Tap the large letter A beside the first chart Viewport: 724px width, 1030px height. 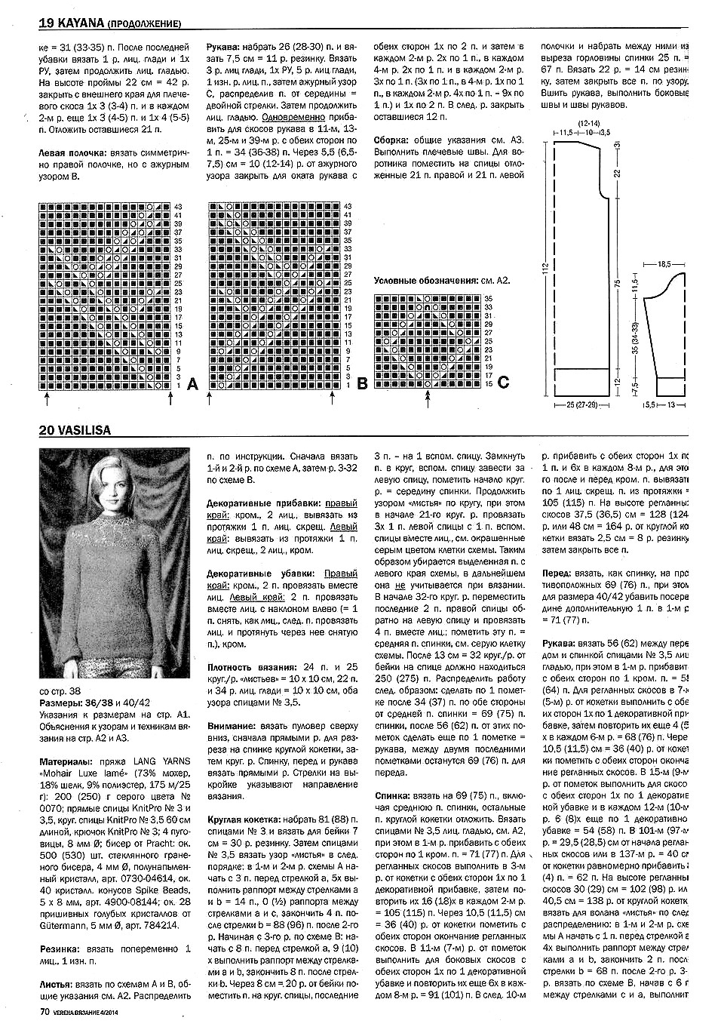(x=192, y=385)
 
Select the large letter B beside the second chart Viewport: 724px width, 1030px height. (x=361, y=385)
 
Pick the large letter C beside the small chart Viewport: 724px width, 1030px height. (x=503, y=383)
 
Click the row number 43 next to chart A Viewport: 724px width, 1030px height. (x=179, y=206)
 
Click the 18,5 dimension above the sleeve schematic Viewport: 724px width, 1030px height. (x=664, y=265)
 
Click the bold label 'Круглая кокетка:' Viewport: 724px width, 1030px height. (x=241, y=819)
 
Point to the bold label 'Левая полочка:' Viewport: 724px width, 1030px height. (x=71, y=152)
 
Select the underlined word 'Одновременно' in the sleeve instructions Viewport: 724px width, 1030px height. (x=294, y=117)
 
